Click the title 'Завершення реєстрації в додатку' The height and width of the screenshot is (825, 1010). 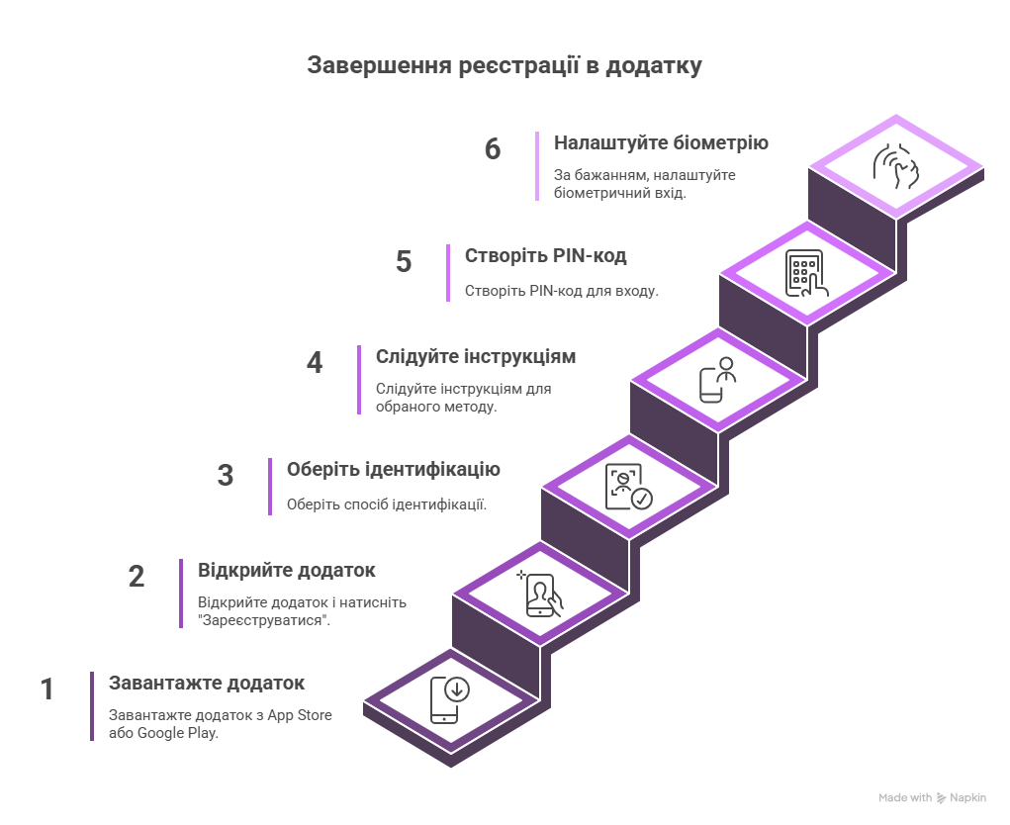(505, 65)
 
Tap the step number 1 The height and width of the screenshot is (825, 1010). (46, 689)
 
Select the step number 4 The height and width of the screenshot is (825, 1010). (315, 363)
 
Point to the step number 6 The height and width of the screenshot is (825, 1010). (493, 148)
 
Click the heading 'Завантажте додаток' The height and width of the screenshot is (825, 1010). (207, 683)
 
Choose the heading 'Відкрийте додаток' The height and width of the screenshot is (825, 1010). (287, 570)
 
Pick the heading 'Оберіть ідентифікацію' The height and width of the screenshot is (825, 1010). (394, 470)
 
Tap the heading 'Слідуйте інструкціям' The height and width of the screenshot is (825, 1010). (476, 357)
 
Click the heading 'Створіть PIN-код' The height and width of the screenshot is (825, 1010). (546, 255)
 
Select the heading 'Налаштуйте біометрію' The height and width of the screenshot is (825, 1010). (661, 143)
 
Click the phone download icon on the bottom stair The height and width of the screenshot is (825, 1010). (450, 700)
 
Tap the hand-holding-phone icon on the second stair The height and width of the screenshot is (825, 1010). (540, 595)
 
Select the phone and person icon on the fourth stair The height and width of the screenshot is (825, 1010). (717, 380)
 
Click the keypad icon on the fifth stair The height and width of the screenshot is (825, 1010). (806, 274)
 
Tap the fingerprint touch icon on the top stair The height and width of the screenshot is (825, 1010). (895, 166)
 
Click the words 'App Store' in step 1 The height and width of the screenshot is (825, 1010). (300, 715)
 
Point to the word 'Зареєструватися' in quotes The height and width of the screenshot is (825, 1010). (264, 621)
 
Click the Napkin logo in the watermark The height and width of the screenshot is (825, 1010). (942, 798)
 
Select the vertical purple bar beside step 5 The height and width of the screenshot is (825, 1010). (448, 273)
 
